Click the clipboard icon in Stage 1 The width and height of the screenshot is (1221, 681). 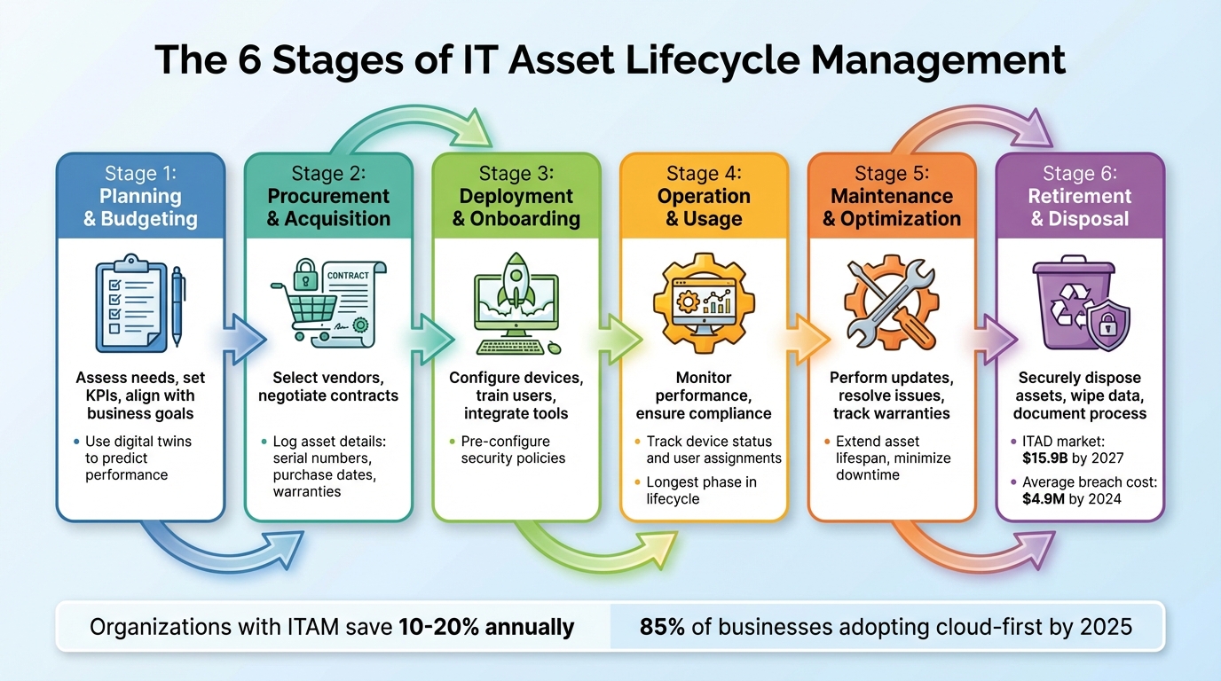click(x=130, y=303)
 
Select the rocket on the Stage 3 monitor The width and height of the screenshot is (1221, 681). click(x=516, y=283)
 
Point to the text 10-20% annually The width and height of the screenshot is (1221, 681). click(x=486, y=627)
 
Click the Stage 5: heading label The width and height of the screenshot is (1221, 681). click(x=892, y=174)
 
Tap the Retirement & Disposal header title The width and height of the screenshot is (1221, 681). click(x=1080, y=207)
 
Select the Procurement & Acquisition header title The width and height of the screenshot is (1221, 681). click(x=328, y=207)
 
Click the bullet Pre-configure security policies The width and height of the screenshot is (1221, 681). click(x=513, y=450)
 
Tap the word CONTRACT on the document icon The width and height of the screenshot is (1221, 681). click(x=348, y=276)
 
